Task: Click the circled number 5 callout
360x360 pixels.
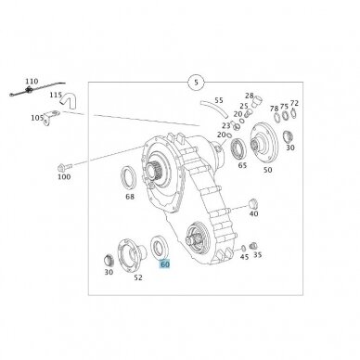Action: (x=196, y=83)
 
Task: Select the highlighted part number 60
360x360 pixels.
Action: (x=164, y=264)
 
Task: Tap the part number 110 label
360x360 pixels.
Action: (x=32, y=82)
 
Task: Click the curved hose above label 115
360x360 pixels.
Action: (x=70, y=101)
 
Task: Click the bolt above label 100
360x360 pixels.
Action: (x=64, y=168)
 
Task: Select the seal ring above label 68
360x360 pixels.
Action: (x=128, y=177)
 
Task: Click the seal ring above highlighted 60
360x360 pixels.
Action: (x=160, y=247)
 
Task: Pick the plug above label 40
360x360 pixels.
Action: (x=253, y=204)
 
